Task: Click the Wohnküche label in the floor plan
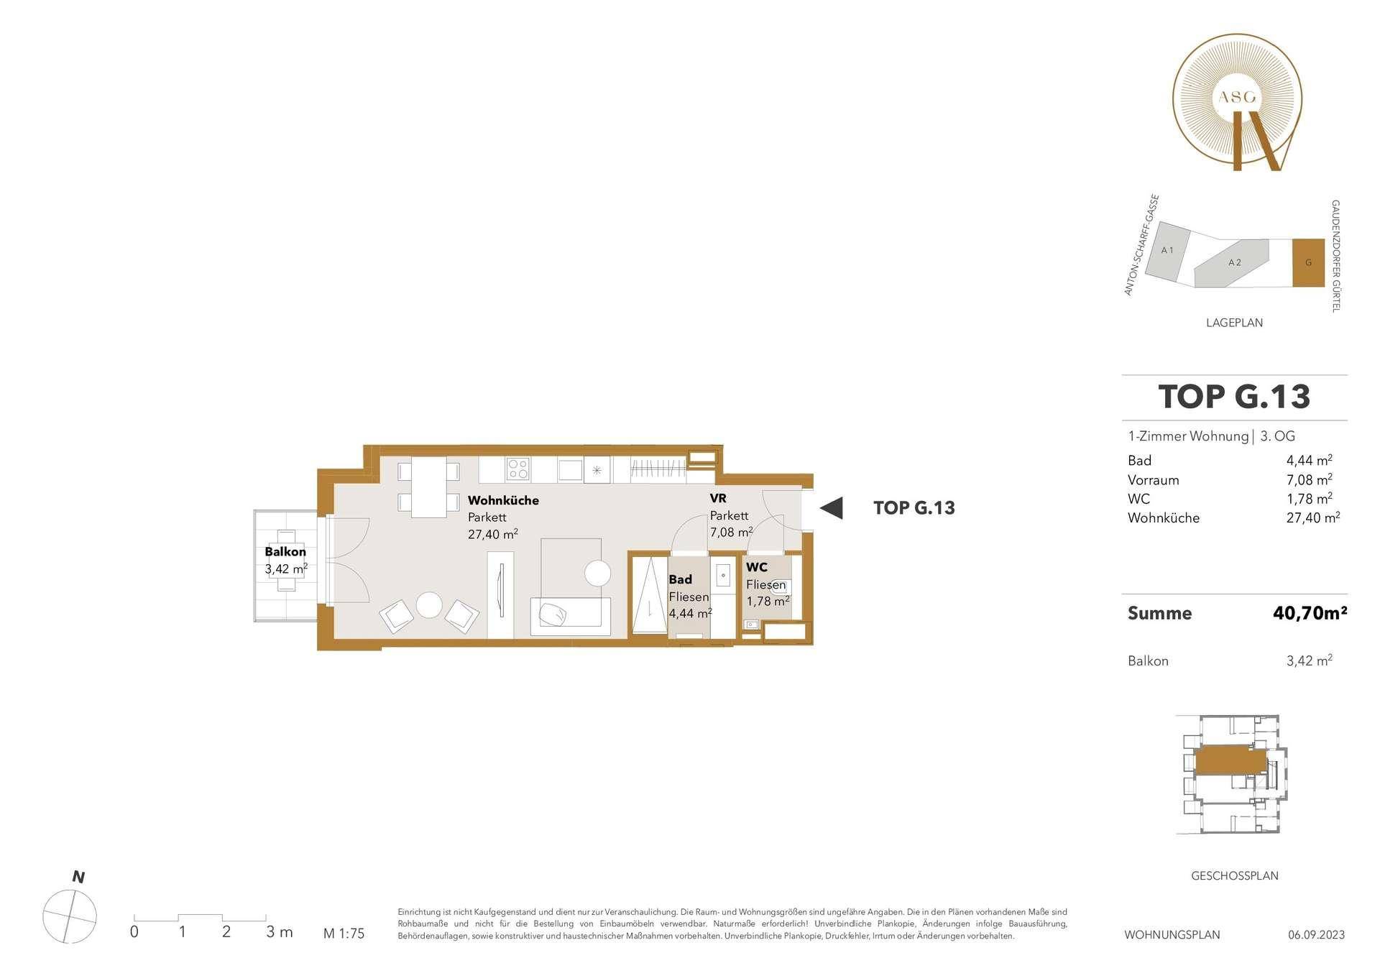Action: (503, 500)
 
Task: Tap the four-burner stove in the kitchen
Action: (518, 469)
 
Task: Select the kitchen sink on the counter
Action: (570, 469)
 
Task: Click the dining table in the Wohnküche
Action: (429, 487)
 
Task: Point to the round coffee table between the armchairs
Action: (430, 604)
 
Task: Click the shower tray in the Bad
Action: (649, 595)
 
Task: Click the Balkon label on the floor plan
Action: (285, 552)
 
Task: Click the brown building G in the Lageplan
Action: (1308, 263)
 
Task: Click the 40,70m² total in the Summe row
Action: (1310, 613)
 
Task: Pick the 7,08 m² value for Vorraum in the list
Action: (1309, 479)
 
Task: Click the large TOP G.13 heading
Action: (1234, 397)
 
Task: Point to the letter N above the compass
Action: (78, 877)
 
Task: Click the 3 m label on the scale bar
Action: (279, 932)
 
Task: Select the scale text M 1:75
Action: (344, 934)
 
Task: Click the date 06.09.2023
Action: (1316, 935)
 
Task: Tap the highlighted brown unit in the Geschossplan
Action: (1230, 759)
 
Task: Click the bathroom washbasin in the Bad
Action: (723, 575)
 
